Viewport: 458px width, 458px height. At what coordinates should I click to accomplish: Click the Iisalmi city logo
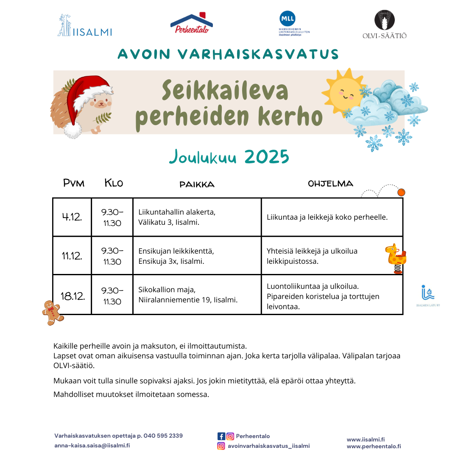85,26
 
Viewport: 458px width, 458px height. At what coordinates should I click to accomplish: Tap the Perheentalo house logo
191,24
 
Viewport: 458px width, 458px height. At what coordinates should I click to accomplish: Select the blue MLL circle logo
287,19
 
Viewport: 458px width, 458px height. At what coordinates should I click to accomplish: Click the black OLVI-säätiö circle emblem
384,20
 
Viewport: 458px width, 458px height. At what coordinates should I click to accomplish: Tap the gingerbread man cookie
52,313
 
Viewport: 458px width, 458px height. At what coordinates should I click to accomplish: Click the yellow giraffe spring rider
396,258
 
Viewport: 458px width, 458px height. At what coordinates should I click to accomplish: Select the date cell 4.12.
72,217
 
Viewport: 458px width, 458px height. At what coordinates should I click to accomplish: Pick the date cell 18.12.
73,296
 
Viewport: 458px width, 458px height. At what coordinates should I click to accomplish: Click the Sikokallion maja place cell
197,295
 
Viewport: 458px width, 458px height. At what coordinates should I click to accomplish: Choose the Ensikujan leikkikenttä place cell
197,256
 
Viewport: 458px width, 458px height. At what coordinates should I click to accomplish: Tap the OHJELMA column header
330,184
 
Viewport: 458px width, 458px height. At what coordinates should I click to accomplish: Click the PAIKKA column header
197,184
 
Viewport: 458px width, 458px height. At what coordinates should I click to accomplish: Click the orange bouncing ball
401,192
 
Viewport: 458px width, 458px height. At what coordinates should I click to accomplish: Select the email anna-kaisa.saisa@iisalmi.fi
92,446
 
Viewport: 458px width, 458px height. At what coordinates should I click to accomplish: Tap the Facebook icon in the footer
221,436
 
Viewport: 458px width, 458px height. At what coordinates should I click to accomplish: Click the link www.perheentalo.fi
374,446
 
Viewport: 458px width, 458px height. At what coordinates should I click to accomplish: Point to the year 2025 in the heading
266,157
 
